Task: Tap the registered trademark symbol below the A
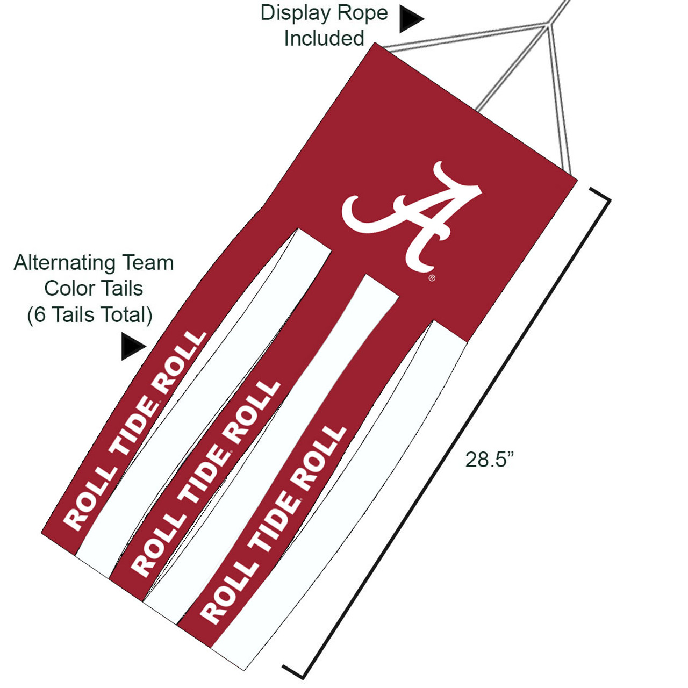[x=432, y=278]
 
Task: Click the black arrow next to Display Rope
[x=411, y=19]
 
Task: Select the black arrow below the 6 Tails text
[x=132, y=346]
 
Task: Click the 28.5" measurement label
[x=489, y=460]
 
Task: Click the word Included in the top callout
[x=324, y=39]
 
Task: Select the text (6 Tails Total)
[x=90, y=315]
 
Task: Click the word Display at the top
[x=295, y=13]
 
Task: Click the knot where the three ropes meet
[x=547, y=24]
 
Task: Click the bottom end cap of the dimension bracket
[x=293, y=671]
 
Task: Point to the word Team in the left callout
[x=148, y=263]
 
